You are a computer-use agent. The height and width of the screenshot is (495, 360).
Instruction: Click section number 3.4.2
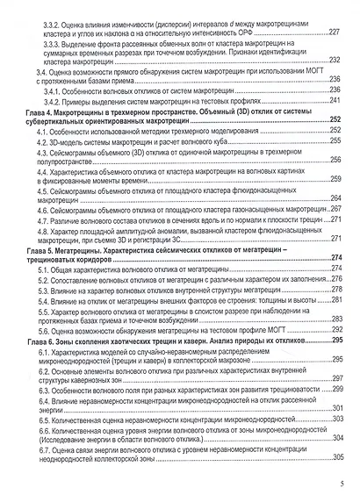pyautogui.click(x=56, y=100)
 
